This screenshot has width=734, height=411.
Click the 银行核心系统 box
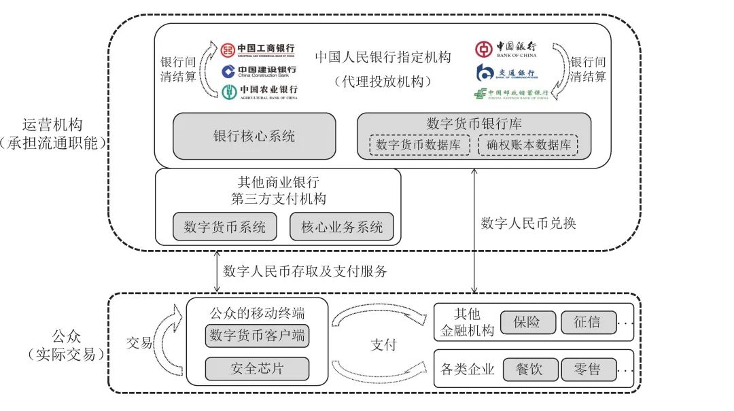pos(254,136)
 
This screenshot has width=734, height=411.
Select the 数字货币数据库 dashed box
pos(419,145)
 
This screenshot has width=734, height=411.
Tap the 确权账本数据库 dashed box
pos(528,145)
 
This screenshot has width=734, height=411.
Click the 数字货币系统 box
pos(225,227)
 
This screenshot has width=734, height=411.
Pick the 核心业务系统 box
pos(341,227)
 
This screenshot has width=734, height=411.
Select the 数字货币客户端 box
pos(257,335)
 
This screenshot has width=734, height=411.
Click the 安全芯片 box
pos(257,369)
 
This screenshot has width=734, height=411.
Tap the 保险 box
pos(528,322)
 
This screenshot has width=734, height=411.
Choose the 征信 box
pos(589,322)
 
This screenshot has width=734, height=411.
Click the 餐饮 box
pos(531,370)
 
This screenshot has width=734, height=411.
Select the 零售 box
pos(589,370)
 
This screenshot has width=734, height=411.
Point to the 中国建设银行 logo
pos(258,71)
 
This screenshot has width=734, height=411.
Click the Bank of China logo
pos(506,50)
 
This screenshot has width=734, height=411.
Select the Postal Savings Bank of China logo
pos(512,94)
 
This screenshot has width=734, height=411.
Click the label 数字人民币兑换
pos(528,223)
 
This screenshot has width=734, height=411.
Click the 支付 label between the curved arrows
pos(384,344)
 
